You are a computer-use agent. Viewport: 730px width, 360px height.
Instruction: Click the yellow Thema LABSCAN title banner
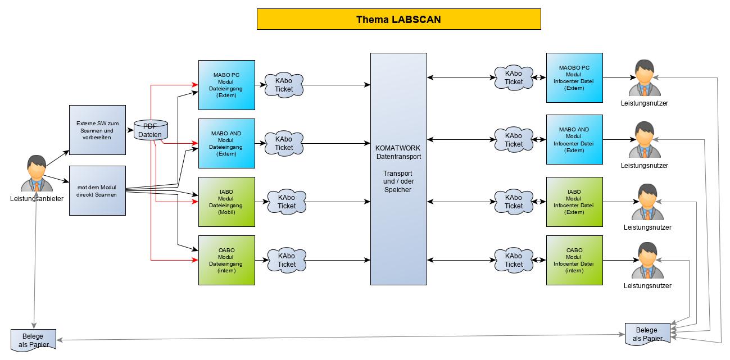pyautogui.click(x=398, y=19)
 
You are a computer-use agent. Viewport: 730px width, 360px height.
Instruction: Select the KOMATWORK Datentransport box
pyautogui.click(x=398, y=169)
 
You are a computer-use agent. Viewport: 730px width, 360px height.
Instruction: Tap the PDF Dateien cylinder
pyautogui.click(x=150, y=130)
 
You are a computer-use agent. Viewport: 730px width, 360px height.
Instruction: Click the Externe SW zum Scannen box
pyautogui.click(x=97, y=130)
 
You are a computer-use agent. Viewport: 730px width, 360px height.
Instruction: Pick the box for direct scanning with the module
pyautogui.click(x=97, y=190)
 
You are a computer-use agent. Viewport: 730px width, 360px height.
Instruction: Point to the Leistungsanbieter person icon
pyautogui.click(x=37, y=174)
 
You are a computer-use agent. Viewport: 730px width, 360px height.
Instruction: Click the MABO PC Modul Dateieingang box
pyautogui.click(x=226, y=85)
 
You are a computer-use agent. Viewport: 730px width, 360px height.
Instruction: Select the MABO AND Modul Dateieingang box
pyautogui.click(x=226, y=143)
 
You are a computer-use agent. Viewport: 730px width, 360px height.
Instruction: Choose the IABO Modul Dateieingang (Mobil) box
pyautogui.click(x=226, y=202)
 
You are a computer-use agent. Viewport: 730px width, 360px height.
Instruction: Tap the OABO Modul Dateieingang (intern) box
pyautogui.click(x=226, y=260)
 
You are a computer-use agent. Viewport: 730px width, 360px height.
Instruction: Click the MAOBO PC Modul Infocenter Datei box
pyautogui.click(x=574, y=78)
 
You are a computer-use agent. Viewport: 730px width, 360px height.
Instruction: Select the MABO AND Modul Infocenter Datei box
pyautogui.click(x=574, y=139)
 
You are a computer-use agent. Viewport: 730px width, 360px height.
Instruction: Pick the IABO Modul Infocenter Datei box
pyautogui.click(x=574, y=202)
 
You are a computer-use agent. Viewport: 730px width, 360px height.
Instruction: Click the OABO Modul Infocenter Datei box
pyautogui.click(x=574, y=260)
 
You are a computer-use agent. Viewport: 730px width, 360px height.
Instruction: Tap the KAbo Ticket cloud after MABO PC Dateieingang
pyautogui.click(x=284, y=85)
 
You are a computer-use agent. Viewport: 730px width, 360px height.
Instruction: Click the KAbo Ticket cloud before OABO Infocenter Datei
pyautogui.click(x=514, y=260)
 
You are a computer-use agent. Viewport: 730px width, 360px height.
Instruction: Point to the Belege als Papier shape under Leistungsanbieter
pyautogui.click(x=34, y=340)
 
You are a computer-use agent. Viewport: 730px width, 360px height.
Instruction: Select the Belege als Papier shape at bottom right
pyautogui.click(x=648, y=334)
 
